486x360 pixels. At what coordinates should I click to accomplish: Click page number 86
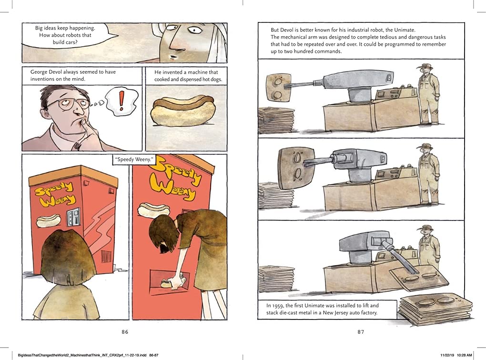(125, 332)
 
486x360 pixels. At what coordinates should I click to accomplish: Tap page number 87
(361, 332)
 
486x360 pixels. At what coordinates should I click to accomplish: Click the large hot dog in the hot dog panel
(182, 111)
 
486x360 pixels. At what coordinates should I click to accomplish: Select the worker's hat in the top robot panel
(426, 66)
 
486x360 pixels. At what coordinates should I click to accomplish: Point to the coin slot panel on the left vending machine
(73, 216)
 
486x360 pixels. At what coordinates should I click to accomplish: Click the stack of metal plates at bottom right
(436, 309)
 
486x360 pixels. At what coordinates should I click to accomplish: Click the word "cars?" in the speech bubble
(71, 42)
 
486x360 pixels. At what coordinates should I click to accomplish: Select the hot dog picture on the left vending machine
(48, 220)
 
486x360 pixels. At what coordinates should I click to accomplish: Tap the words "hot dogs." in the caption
(212, 80)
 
